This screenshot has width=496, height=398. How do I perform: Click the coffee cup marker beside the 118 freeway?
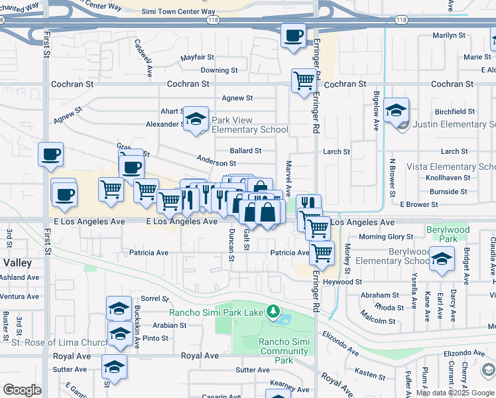tap(293, 35)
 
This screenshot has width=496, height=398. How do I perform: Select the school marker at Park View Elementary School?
tap(196, 119)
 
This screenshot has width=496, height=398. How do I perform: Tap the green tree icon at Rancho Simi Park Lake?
tap(272, 311)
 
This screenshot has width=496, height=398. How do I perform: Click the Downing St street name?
tap(219, 70)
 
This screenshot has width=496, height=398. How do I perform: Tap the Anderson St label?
tap(216, 163)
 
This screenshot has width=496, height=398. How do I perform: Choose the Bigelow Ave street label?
tap(376, 110)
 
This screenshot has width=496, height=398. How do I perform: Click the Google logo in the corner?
tap(22, 390)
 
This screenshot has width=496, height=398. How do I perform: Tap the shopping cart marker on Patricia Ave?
tap(322, 252)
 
